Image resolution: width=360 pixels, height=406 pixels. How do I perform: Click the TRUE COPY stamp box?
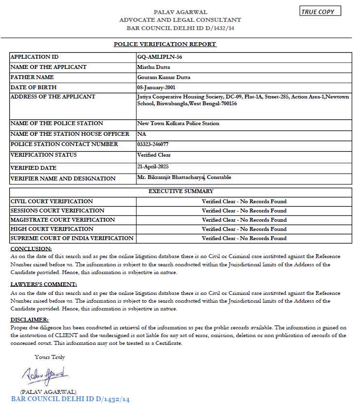[320, 11]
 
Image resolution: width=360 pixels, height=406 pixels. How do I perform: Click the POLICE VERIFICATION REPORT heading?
[165, 44]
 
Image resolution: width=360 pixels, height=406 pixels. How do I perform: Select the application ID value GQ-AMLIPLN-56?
[160, 57]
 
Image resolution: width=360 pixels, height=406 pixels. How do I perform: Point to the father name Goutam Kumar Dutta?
[164, 77]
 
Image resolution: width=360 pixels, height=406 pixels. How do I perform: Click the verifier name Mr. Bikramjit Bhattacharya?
[171, 178]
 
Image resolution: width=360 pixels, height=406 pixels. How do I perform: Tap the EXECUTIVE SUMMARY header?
[180, 191]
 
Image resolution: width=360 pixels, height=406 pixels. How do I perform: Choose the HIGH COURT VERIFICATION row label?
[52, 229]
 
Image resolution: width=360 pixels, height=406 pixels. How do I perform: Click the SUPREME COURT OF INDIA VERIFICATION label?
[72, 238]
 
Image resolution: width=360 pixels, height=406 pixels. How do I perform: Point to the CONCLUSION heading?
[31, 248]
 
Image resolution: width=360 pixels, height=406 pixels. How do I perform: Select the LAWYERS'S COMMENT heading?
[44, 284]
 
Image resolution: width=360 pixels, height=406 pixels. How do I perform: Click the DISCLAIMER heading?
[30, 320]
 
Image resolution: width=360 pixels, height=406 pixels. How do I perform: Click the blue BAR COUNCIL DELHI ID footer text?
[70, 400]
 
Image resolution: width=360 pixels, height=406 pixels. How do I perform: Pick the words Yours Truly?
[49, 357]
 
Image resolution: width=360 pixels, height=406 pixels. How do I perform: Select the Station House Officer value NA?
[142, 134]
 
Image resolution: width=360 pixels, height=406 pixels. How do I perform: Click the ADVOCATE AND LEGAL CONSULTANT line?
[180, 20]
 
